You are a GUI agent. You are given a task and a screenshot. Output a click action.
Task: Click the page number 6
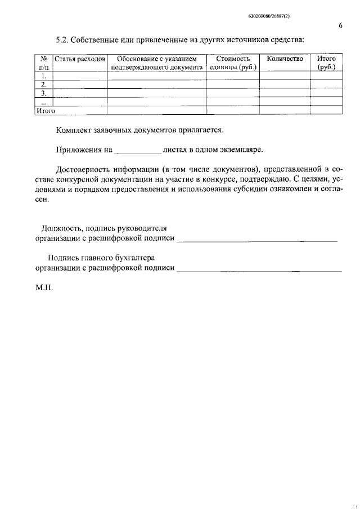[x=341, y=25]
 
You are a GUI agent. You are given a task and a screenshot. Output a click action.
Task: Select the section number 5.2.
[x=62, y=39]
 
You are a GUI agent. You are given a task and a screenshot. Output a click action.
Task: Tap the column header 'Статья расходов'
[x=80, y=58]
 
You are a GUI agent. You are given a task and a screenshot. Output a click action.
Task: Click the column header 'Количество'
[x=285, y=58]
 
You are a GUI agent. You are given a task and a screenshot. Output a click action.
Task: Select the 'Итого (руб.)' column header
[x=326, y=62]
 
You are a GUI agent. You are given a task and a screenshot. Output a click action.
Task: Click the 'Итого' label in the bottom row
[x=46, y=111]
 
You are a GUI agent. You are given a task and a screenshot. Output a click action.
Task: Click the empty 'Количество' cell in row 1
[x=285, y=75]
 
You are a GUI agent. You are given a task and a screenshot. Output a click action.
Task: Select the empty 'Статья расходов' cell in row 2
[x=80, y=84]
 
